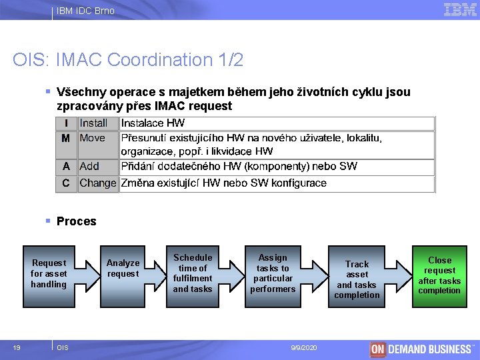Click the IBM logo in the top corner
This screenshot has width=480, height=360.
pos(460,10)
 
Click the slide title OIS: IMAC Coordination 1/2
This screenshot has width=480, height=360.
pos(128,60)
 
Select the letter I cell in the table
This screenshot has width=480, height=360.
pos(66,123)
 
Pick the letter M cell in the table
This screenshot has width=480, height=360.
pos(66,138)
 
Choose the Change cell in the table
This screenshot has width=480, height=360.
pos(98,183)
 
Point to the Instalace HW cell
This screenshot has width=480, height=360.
pos(153,123)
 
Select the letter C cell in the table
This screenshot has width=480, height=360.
pos(66,183)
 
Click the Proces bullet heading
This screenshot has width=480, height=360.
pos(76,221)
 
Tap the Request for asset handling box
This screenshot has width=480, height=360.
pos(49,273)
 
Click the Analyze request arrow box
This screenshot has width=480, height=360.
pos(123,268)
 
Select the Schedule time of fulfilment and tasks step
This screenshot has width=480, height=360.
pos(193,273)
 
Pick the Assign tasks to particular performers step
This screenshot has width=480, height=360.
pos(273,273)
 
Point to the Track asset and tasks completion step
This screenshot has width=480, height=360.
pos(357,279)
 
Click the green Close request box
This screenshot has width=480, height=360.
pos(439,275)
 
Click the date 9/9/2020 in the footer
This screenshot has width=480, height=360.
pos(304,348)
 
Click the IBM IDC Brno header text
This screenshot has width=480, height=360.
pos(85,11)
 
